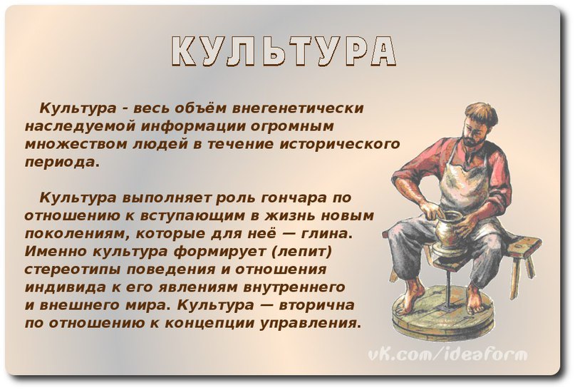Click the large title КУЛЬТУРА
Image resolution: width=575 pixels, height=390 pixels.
pos(284,51)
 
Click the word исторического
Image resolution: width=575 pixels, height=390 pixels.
pos(340,144)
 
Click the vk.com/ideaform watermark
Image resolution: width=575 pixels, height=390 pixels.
pos(447,355)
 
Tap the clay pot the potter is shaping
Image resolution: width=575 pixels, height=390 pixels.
pos(448,230)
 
